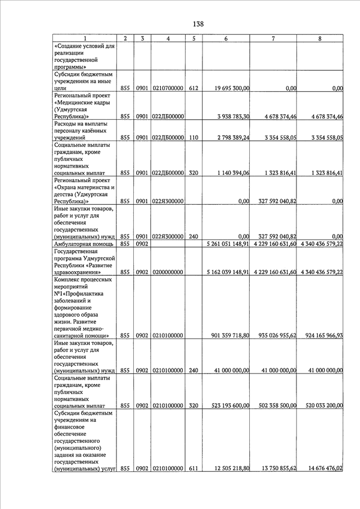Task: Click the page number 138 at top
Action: coord(197,24)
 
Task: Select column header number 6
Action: coord(226,38)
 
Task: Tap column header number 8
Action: coord(319,38)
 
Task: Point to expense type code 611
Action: coord(193,468)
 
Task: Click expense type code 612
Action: coord(193,88)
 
